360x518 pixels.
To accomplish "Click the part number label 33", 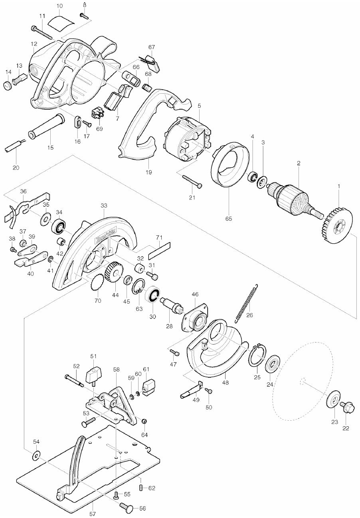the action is point(104,205).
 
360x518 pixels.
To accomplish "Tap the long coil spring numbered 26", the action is point(246,303).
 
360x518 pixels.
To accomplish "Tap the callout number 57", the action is point(92,514).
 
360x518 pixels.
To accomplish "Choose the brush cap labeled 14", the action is point(8,85).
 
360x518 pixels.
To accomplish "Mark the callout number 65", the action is point(229,218).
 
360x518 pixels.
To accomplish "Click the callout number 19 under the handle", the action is point(148,172).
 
